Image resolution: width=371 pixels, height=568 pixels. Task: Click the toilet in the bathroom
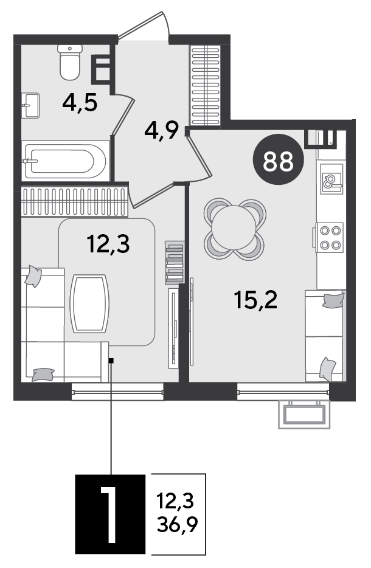(x=69, y=62)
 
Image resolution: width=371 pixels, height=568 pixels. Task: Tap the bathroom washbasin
(x=30, y=105)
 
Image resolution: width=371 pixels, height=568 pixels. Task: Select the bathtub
(x=65, y=161)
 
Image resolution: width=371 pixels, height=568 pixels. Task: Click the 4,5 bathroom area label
(x=80, y=103)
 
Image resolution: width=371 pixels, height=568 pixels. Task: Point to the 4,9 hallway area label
(x=162, y=130)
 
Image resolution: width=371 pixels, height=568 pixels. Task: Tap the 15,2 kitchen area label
(x=256, y=300)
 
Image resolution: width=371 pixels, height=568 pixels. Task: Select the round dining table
(x=234, y=229)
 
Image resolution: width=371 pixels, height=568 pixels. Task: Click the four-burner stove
(x=329, y=237)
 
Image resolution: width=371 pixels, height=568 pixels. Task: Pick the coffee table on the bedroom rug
(x=89, y=303)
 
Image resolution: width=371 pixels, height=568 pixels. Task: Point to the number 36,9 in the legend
(x=178, y=525)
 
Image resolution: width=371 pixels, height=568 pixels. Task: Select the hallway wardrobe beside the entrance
(x=205, y=86)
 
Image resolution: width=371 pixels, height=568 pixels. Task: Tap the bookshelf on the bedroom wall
(x=175, y=263)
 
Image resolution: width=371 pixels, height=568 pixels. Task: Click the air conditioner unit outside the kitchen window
(x=304, y=414)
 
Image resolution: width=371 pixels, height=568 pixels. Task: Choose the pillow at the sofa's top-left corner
(x=33, y=276)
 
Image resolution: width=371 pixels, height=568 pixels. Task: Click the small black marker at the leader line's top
(x=111, y=361)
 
